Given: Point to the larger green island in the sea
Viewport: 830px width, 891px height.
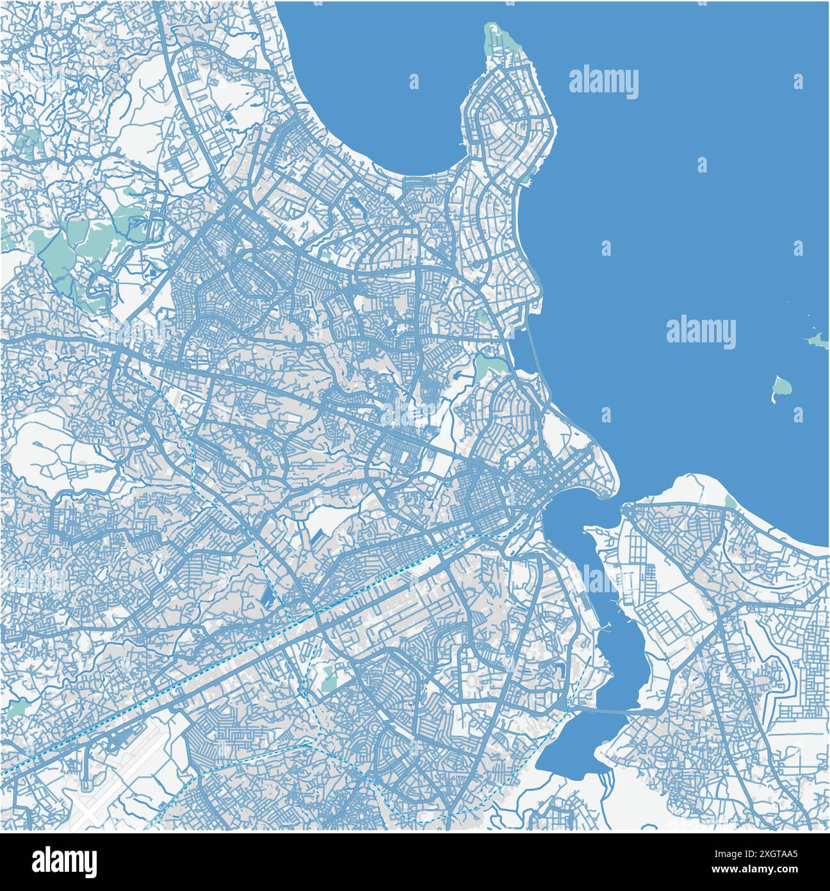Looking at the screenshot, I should pyautogui.click(x=779, y=387).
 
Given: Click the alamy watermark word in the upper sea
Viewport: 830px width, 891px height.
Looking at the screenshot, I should pyautogui.click(x=603, y=83).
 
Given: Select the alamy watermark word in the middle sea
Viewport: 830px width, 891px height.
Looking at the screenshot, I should pyautogui.click(x=701, y=332).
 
